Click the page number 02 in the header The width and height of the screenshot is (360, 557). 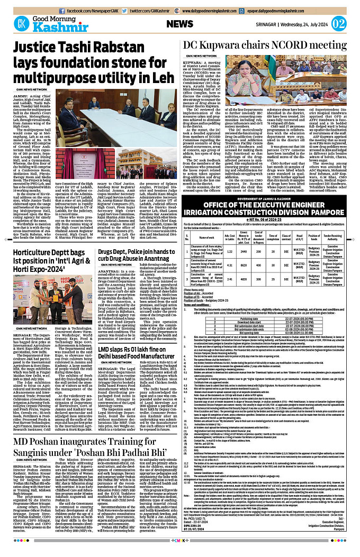[x=347, y=24]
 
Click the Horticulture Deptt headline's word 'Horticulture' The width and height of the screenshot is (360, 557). [x=38, y=254]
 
